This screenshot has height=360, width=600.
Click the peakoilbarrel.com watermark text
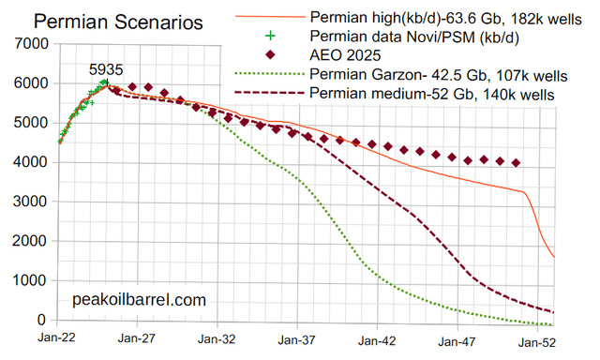(x=139, y=300)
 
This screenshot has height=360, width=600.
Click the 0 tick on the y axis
(x=38, y=320)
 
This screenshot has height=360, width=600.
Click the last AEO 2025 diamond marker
(x=517, y=163)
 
